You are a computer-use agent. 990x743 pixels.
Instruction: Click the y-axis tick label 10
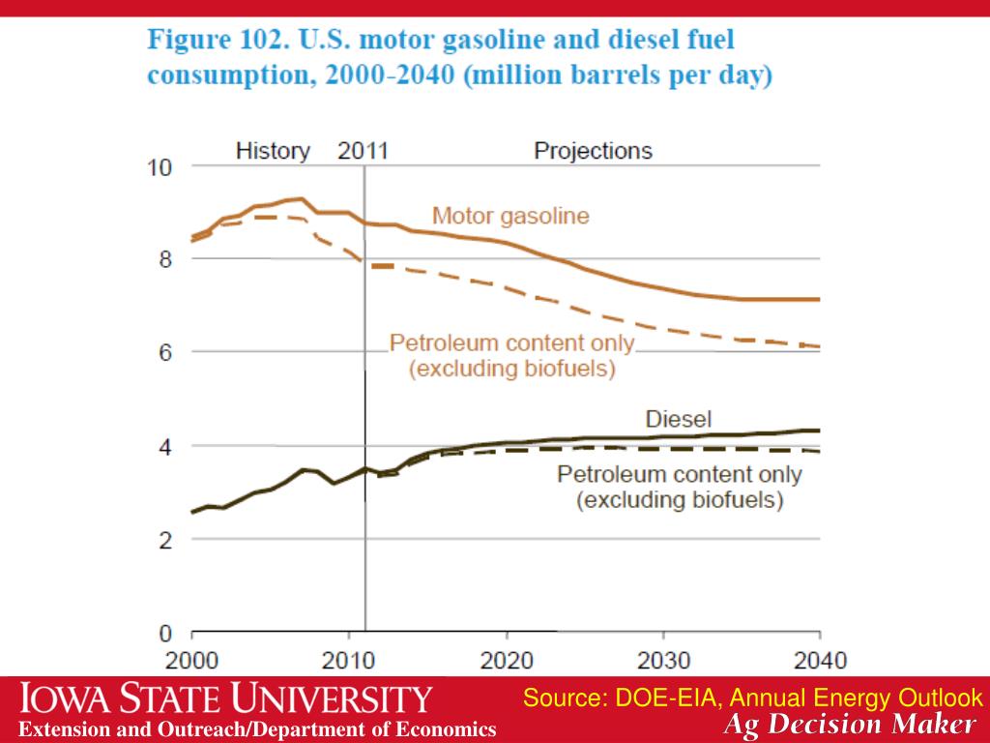click(x=159, y=167)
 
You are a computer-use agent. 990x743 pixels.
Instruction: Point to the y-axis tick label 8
click(x=164, y=259)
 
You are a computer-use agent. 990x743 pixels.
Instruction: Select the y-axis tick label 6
click(x=164, y=352)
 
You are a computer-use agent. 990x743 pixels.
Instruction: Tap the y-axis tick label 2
click(x=164, y=541)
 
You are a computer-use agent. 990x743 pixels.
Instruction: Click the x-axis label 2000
click(x=192, y=662)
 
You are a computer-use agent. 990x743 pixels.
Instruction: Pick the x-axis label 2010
click(x=350, y=662)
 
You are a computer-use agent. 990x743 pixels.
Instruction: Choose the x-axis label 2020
click(x=507, y=662)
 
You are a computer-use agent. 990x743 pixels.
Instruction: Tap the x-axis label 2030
click(x=663, y=662)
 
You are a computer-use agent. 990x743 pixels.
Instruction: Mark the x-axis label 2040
click(x=820, y=662)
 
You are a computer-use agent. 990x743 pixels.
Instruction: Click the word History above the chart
click(x=274, y=151)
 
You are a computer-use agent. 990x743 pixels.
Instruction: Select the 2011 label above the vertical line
click(x=363, y=151)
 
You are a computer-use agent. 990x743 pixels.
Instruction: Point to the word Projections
click(x=593, y=151)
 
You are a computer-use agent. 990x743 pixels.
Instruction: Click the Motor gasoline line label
click(x=510, y=216)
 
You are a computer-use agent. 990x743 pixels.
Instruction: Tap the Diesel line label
click(x=678, y=419)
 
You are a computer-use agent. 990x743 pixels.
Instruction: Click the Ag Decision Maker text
click(x=850, y=725)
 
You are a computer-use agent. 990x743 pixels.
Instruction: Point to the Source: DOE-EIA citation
click(x=753, y=698)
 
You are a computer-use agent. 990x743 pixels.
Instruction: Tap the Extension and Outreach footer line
click(x=259, y=729)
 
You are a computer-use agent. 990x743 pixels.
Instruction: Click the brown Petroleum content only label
click(x=511, y=343)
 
